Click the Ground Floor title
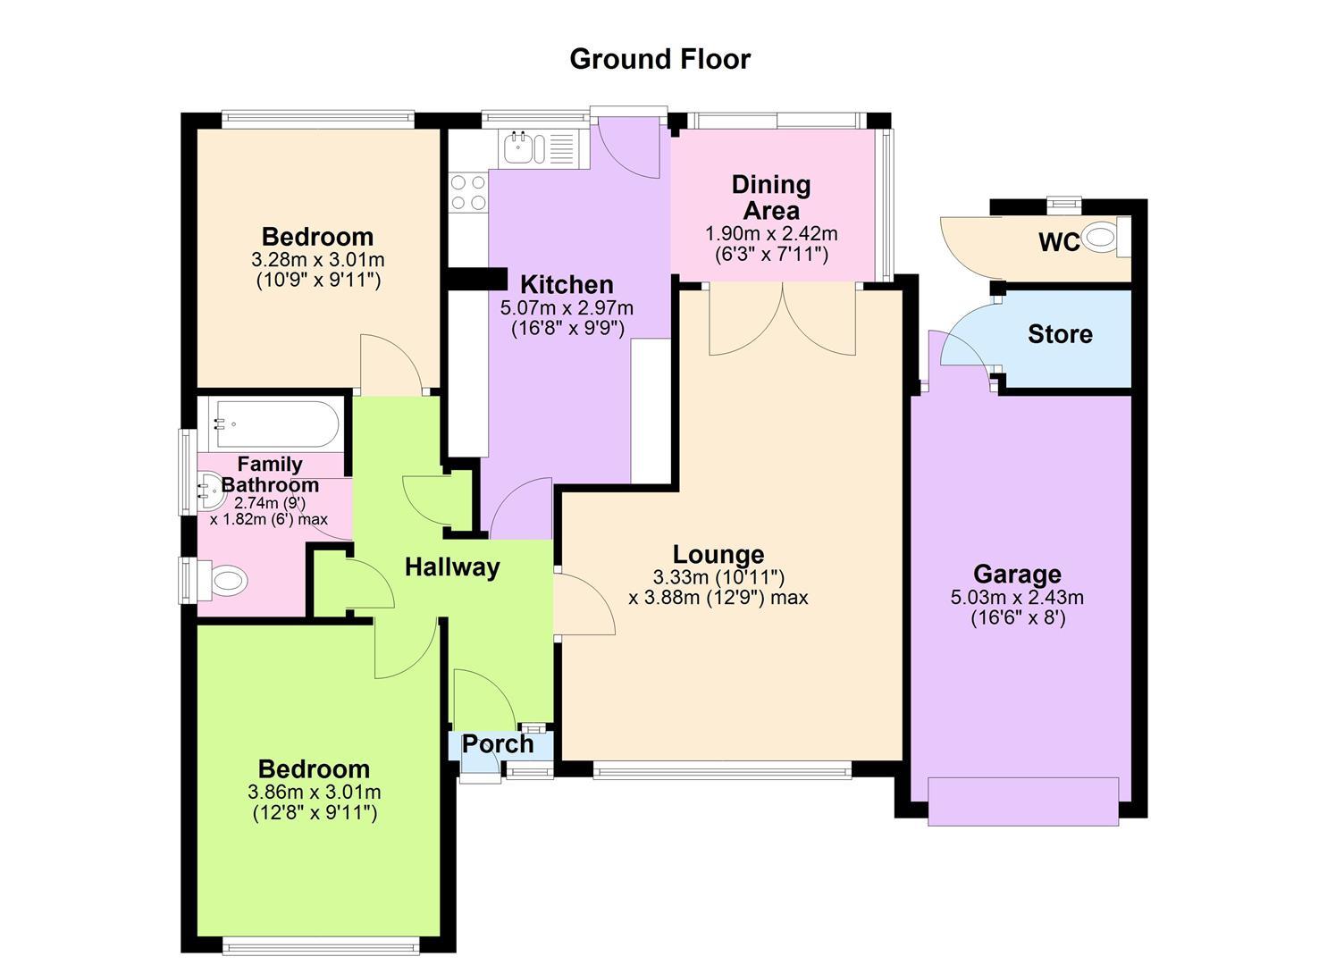[660, 60]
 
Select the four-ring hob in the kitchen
[468, 192]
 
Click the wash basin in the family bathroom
[209, 491]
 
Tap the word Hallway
[452, 566]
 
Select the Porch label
[498, 744]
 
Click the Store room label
[1060, 334]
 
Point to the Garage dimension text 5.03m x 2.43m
[1017, 597]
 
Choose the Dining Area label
[771, 197]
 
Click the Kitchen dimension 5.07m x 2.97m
[567, 307]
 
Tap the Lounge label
[718, 554]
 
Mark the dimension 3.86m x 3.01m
[315, 792]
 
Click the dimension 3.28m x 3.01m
[317, 259]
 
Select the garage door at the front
[1023, 801]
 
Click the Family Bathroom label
[270, 474]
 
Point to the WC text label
[1059, 242]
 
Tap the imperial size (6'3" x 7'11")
[771, 254]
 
